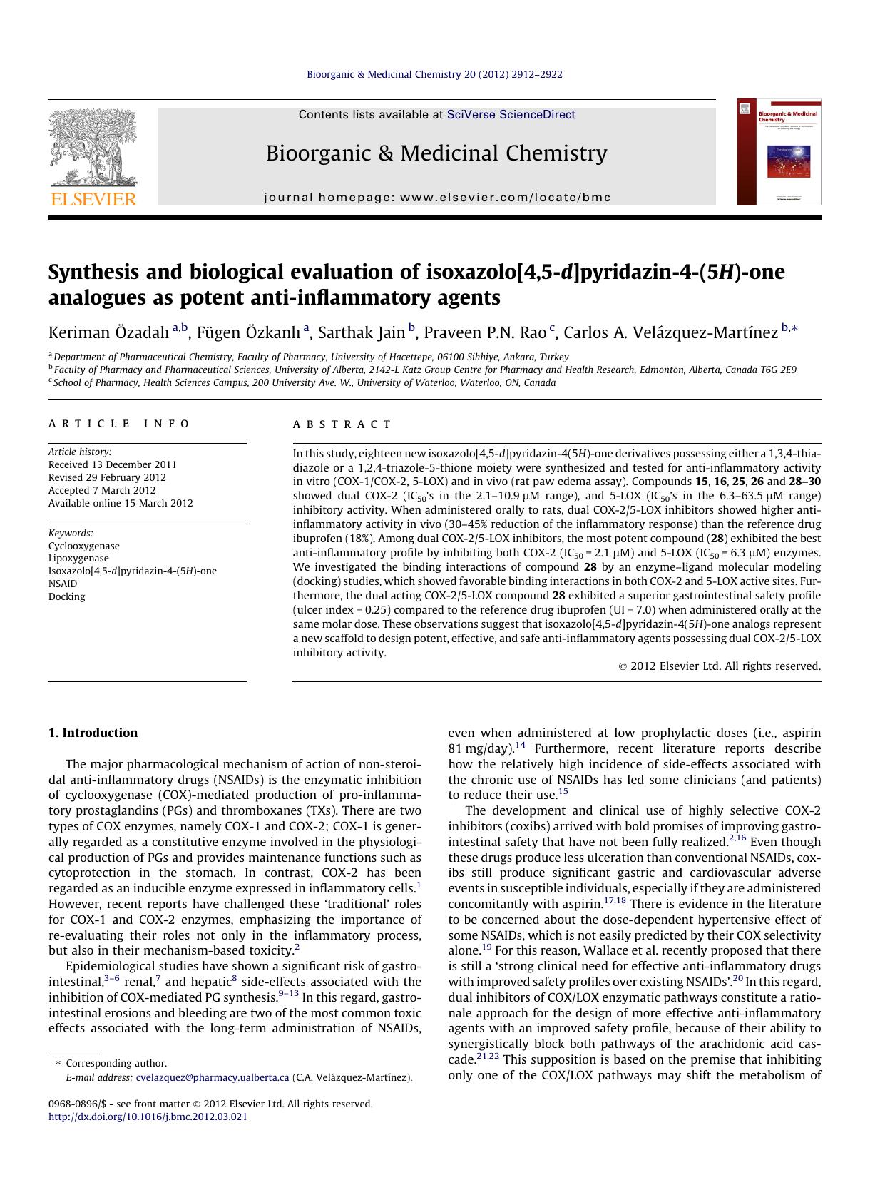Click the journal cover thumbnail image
coord(779,152)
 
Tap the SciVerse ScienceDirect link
coord(511,115)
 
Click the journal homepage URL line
coord(436,198)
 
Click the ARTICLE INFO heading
coord(119,424)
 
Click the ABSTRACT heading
coord(342,424)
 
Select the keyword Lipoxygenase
coord(78,559)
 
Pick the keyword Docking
coord(66,596)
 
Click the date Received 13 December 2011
coord(112,464)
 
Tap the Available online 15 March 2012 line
coord(121,503)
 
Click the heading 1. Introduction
coord(93,733)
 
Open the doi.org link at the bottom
coord(148,1117)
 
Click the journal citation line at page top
coord(434,74)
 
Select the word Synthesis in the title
coord(93,273)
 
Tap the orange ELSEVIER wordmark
coord(93,199)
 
